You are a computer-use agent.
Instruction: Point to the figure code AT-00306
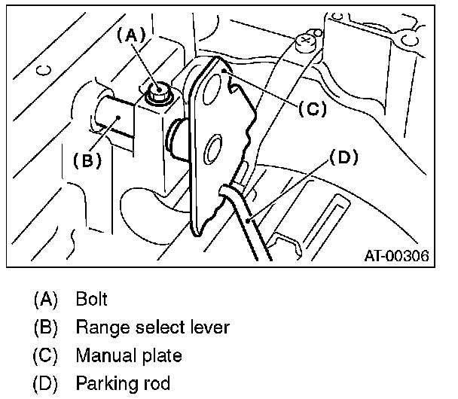point(393,256)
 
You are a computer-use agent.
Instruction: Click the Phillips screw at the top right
point(307,41)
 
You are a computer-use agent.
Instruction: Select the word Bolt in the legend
point(91,299)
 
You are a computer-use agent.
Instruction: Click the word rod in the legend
point(157,382)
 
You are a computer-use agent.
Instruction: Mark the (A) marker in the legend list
point(46,300)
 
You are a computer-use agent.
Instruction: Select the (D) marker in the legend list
point(46,382)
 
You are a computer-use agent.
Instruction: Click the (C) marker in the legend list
point(46,355)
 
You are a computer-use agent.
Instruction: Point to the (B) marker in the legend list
point(46,327)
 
